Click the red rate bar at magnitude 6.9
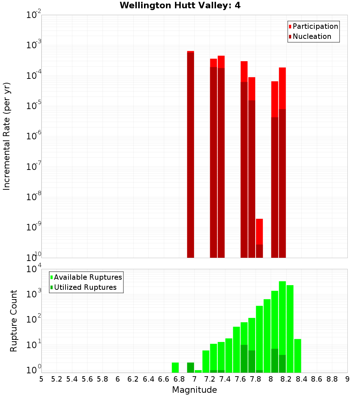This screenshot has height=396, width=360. point(190,155)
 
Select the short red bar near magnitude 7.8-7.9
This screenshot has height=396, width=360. point(259,238)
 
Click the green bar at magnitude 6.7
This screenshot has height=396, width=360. point(175,368)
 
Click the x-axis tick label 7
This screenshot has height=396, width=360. point(194,379)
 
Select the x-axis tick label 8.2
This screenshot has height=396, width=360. point(286,379)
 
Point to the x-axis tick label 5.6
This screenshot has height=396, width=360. point(87,379)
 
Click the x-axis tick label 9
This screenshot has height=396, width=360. point(347,379)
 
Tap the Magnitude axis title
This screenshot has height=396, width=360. point(194,390)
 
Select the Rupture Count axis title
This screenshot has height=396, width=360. point(14,321)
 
